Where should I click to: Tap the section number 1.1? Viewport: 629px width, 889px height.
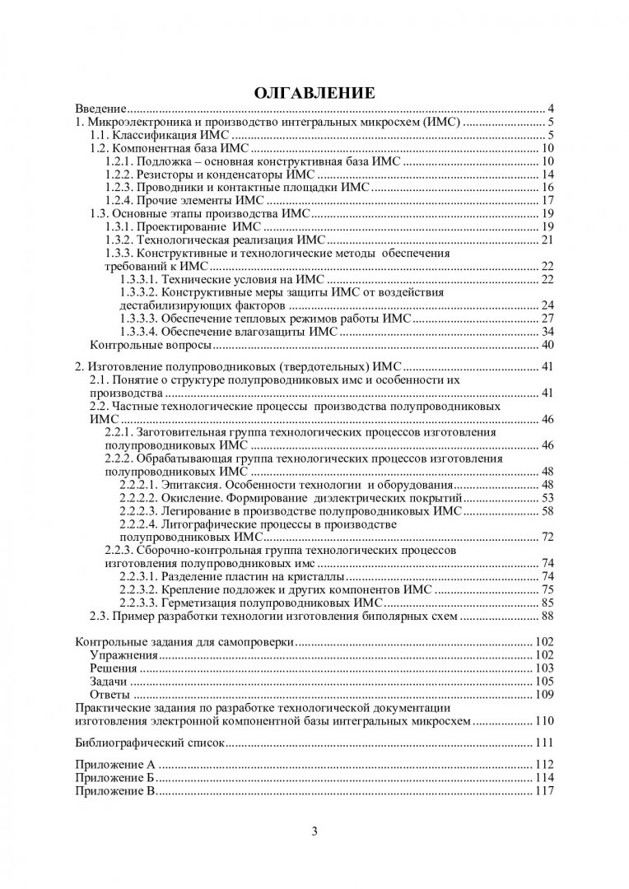[x=98, y=135]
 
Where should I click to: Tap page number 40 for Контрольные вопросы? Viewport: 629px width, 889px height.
[x=546, y=345]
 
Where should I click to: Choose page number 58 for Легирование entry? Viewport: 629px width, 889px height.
[x=546, y=511]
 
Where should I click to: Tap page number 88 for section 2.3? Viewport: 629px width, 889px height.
[x=546, y=616]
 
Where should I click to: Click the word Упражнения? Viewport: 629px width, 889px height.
[x=122, y=655]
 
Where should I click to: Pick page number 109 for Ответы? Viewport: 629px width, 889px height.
[x=543, y=695]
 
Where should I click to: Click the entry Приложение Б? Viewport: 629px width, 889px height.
[x=115, y=778]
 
